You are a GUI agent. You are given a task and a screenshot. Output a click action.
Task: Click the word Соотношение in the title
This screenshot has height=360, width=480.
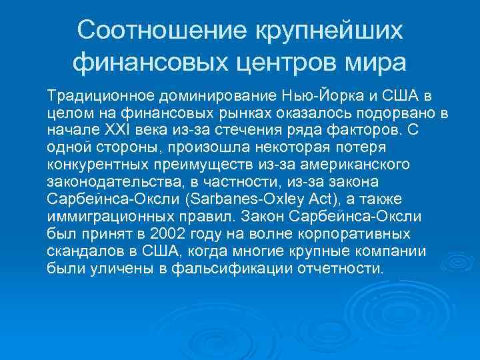(x=159, y=29)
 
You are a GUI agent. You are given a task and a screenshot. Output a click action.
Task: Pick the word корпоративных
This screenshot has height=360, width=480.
(x=354, y=233)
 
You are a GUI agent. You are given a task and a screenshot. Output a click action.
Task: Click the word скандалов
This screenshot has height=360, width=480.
(x=81, y=251)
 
